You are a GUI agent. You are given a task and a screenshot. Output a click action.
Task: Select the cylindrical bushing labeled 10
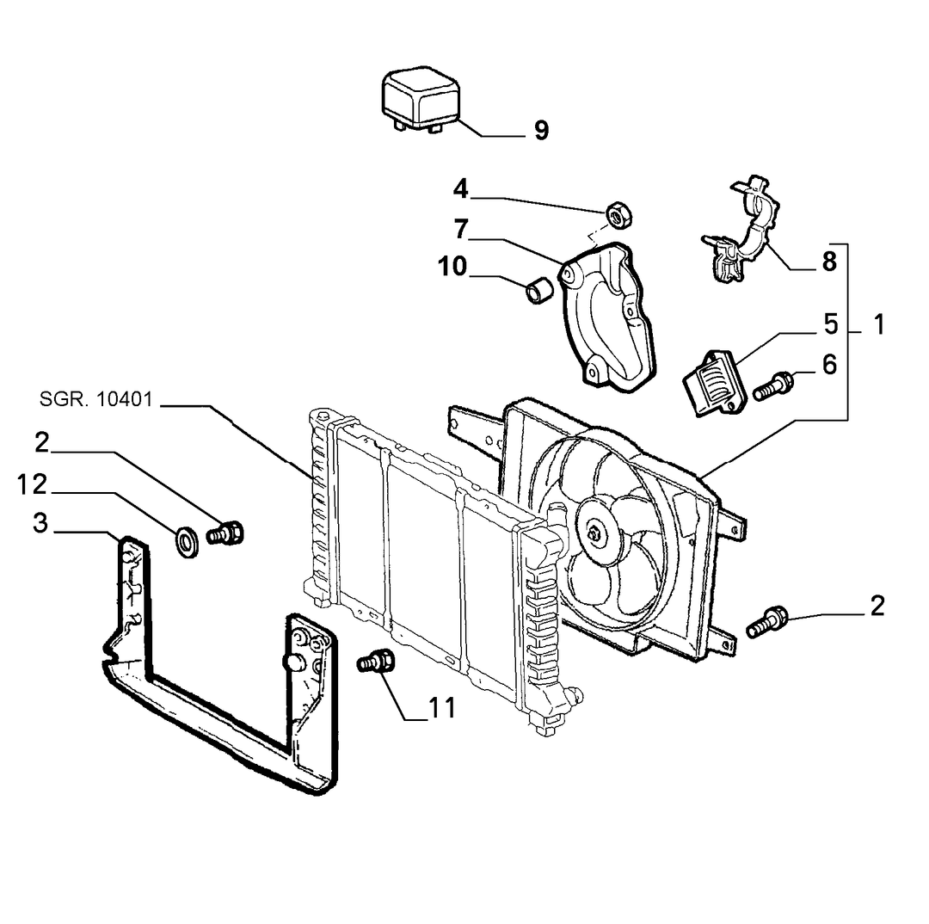[x=539, y=288]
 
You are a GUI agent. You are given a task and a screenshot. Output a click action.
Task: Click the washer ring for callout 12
[x=188, y=540]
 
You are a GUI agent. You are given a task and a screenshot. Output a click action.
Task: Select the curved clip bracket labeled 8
[x=741, y=228]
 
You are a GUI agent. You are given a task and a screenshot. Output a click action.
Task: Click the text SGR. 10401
[x=96, y=399]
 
